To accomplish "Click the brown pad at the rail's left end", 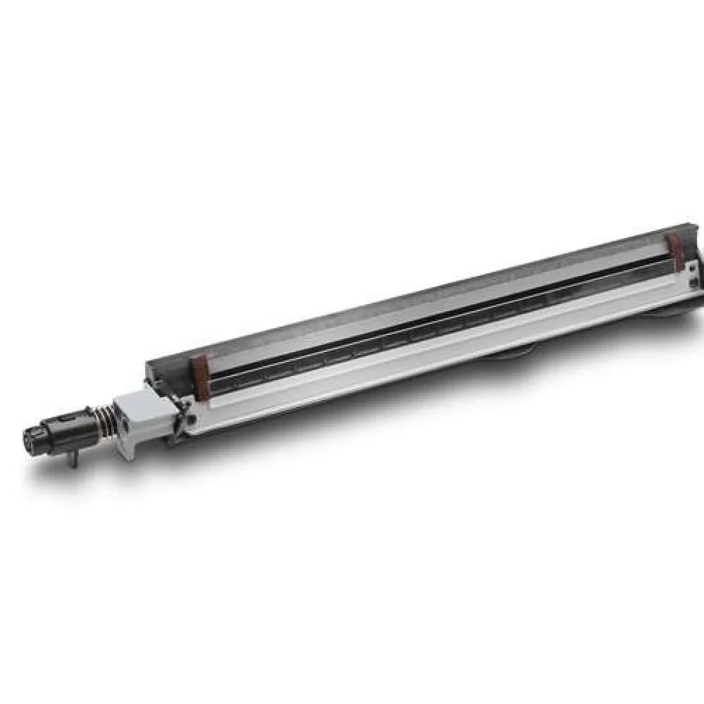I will (x=200, y=377).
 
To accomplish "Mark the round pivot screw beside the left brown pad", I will (x=189, y=420).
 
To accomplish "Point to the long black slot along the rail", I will (x=436, y=321).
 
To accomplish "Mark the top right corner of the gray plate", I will (x=686, y=227).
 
